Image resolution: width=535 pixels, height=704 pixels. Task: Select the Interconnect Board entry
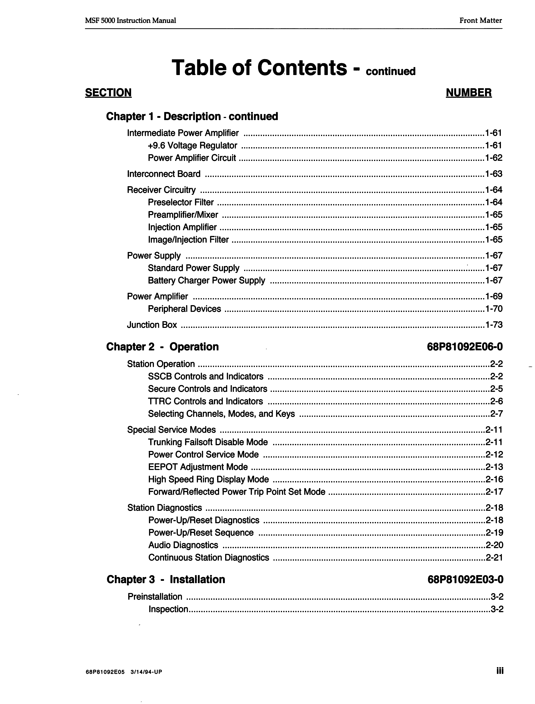(164, 174)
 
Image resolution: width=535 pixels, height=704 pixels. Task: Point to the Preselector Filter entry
(181, 202)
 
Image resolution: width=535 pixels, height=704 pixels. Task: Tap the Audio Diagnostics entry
(183, 545)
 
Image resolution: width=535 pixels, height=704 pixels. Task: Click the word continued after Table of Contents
(391, 71)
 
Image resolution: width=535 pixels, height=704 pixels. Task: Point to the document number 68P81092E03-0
(466, 580)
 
